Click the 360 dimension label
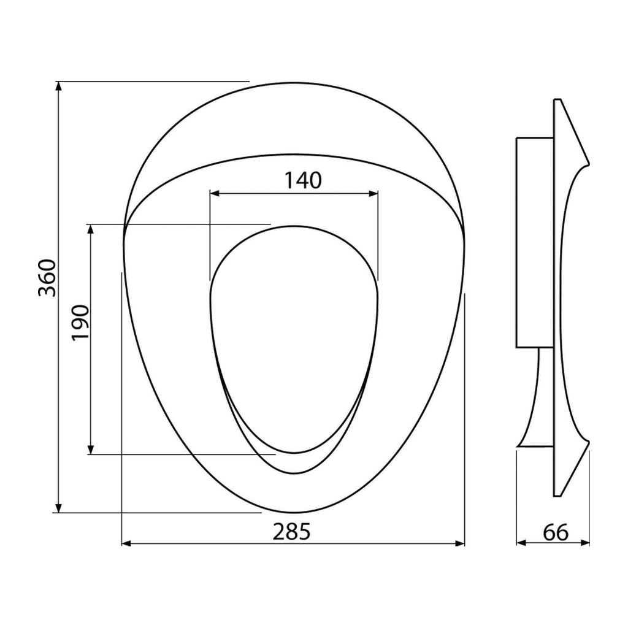coord(47,278)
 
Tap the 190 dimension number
coord(80,323)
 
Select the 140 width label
coord(303,180)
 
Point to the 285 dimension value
coord(291,532)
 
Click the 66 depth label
coord(556,532)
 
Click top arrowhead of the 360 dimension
coord(58,86)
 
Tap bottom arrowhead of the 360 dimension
coord(58,507)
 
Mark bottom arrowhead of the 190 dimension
coord(91,450)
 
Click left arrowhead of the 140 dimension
coord(215,194)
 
